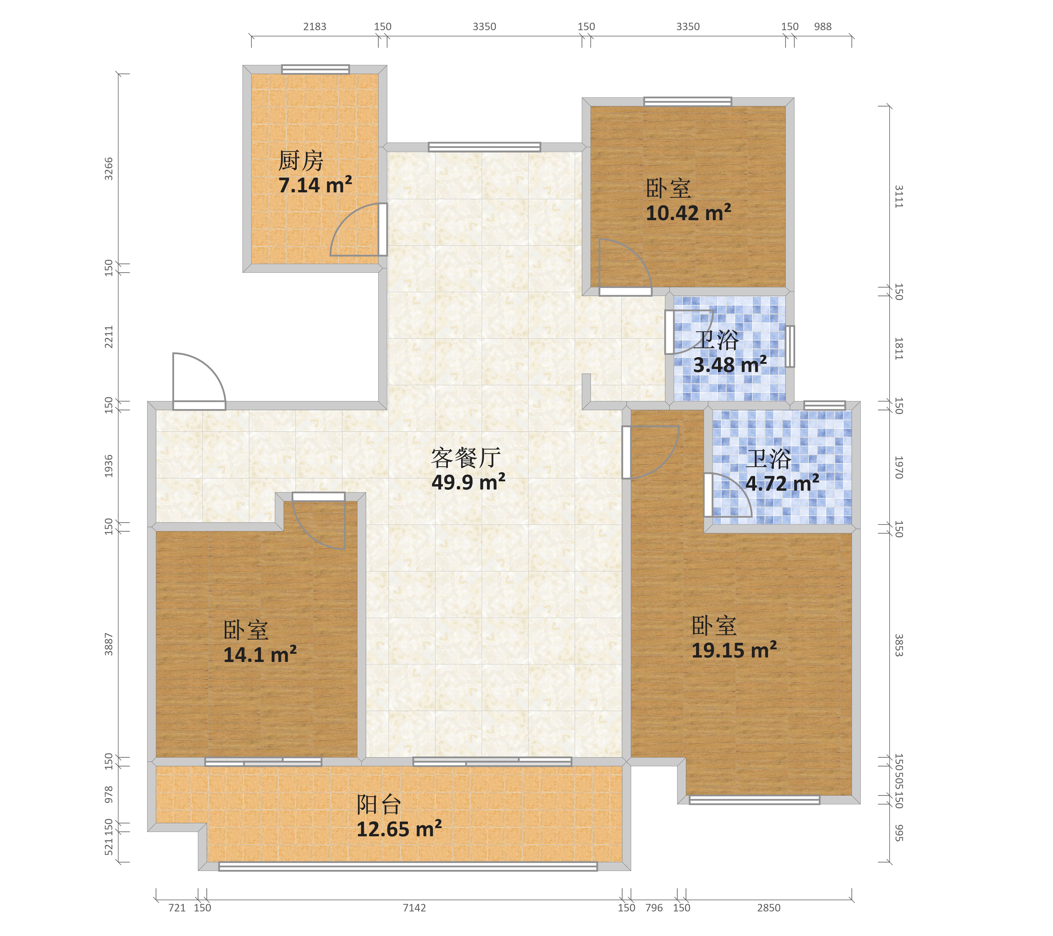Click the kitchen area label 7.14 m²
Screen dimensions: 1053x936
click(x=315, y=185)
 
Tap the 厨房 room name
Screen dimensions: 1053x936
click(x=301, y=161)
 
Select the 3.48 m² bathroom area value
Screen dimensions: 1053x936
click(x=730, y=365)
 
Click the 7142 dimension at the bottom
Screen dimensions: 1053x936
click(x=414, y=908)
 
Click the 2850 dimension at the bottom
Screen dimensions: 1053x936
click(x=769, y=908)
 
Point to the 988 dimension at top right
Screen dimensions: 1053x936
click(x=823, y=27)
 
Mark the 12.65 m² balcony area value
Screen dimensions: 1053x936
click(x=399, y=829)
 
